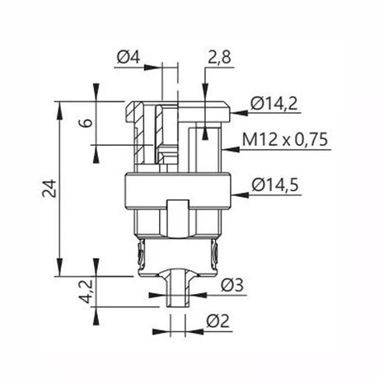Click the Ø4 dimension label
[129, 58]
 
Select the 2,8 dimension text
[219, 58]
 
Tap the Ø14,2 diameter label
[274, 104]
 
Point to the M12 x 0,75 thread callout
[285, 139]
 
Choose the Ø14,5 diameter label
[275, 185]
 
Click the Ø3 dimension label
[232, 285]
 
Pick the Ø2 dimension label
[218, 321]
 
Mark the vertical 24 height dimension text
[49, 189]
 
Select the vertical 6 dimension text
[87, 123]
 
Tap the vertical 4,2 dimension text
[87, 292]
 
